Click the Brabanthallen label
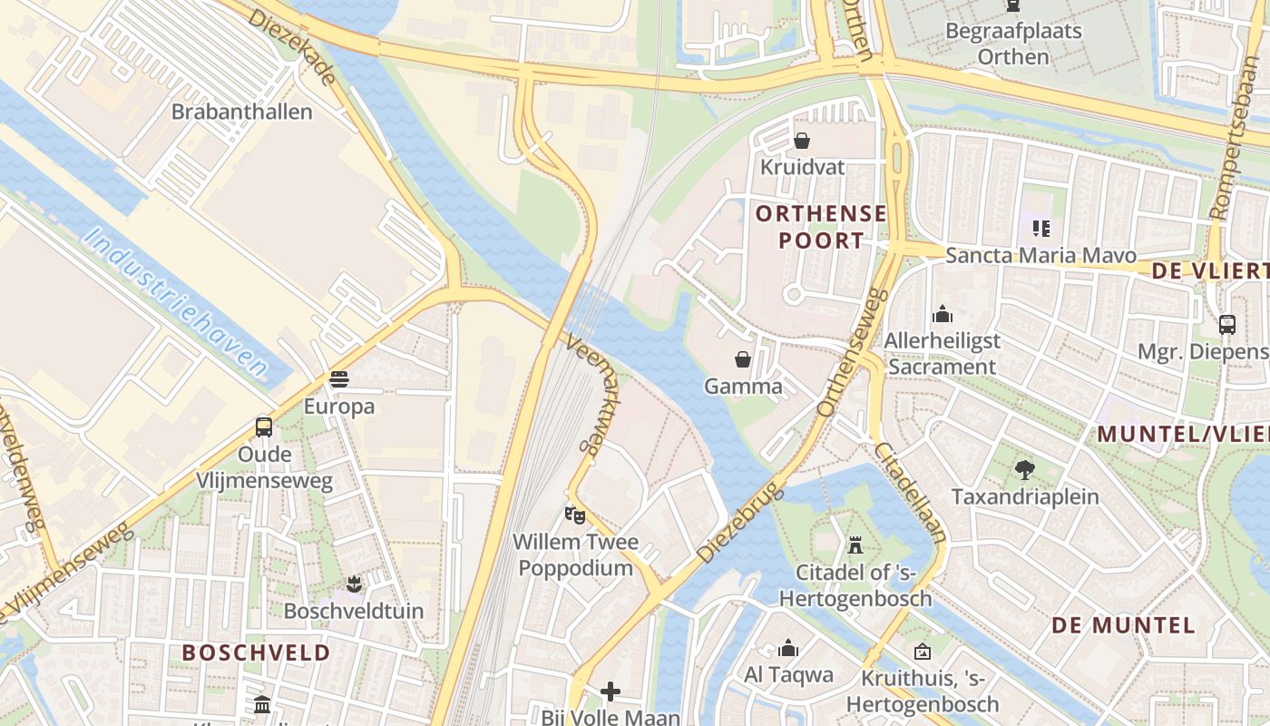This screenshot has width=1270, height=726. (x=241, y=112)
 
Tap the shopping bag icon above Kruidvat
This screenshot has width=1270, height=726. (x=802, y=141)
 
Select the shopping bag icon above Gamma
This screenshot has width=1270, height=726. (x=743, y=359)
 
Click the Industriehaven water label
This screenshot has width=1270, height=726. (x=177, y=302)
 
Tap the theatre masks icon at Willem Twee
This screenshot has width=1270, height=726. (x=574, y=515)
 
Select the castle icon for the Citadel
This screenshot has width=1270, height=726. (x=855, y=545)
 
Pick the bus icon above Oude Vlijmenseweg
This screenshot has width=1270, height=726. (x=264, y=427)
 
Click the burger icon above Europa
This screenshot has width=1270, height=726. (x=339, y=378)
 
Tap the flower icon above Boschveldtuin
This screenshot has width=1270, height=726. (x=354, y=584)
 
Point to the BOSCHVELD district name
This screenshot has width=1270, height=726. (x=256, y=652)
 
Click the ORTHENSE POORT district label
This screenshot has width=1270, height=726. (x=821, y=227)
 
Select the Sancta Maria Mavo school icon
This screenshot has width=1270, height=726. (x=1040, y=228)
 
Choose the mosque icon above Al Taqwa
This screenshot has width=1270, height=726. (x=788, y=648)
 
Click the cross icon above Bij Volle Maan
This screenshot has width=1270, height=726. (x=611, y=692)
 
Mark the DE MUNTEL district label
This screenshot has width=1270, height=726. (x=1123, y=625)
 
